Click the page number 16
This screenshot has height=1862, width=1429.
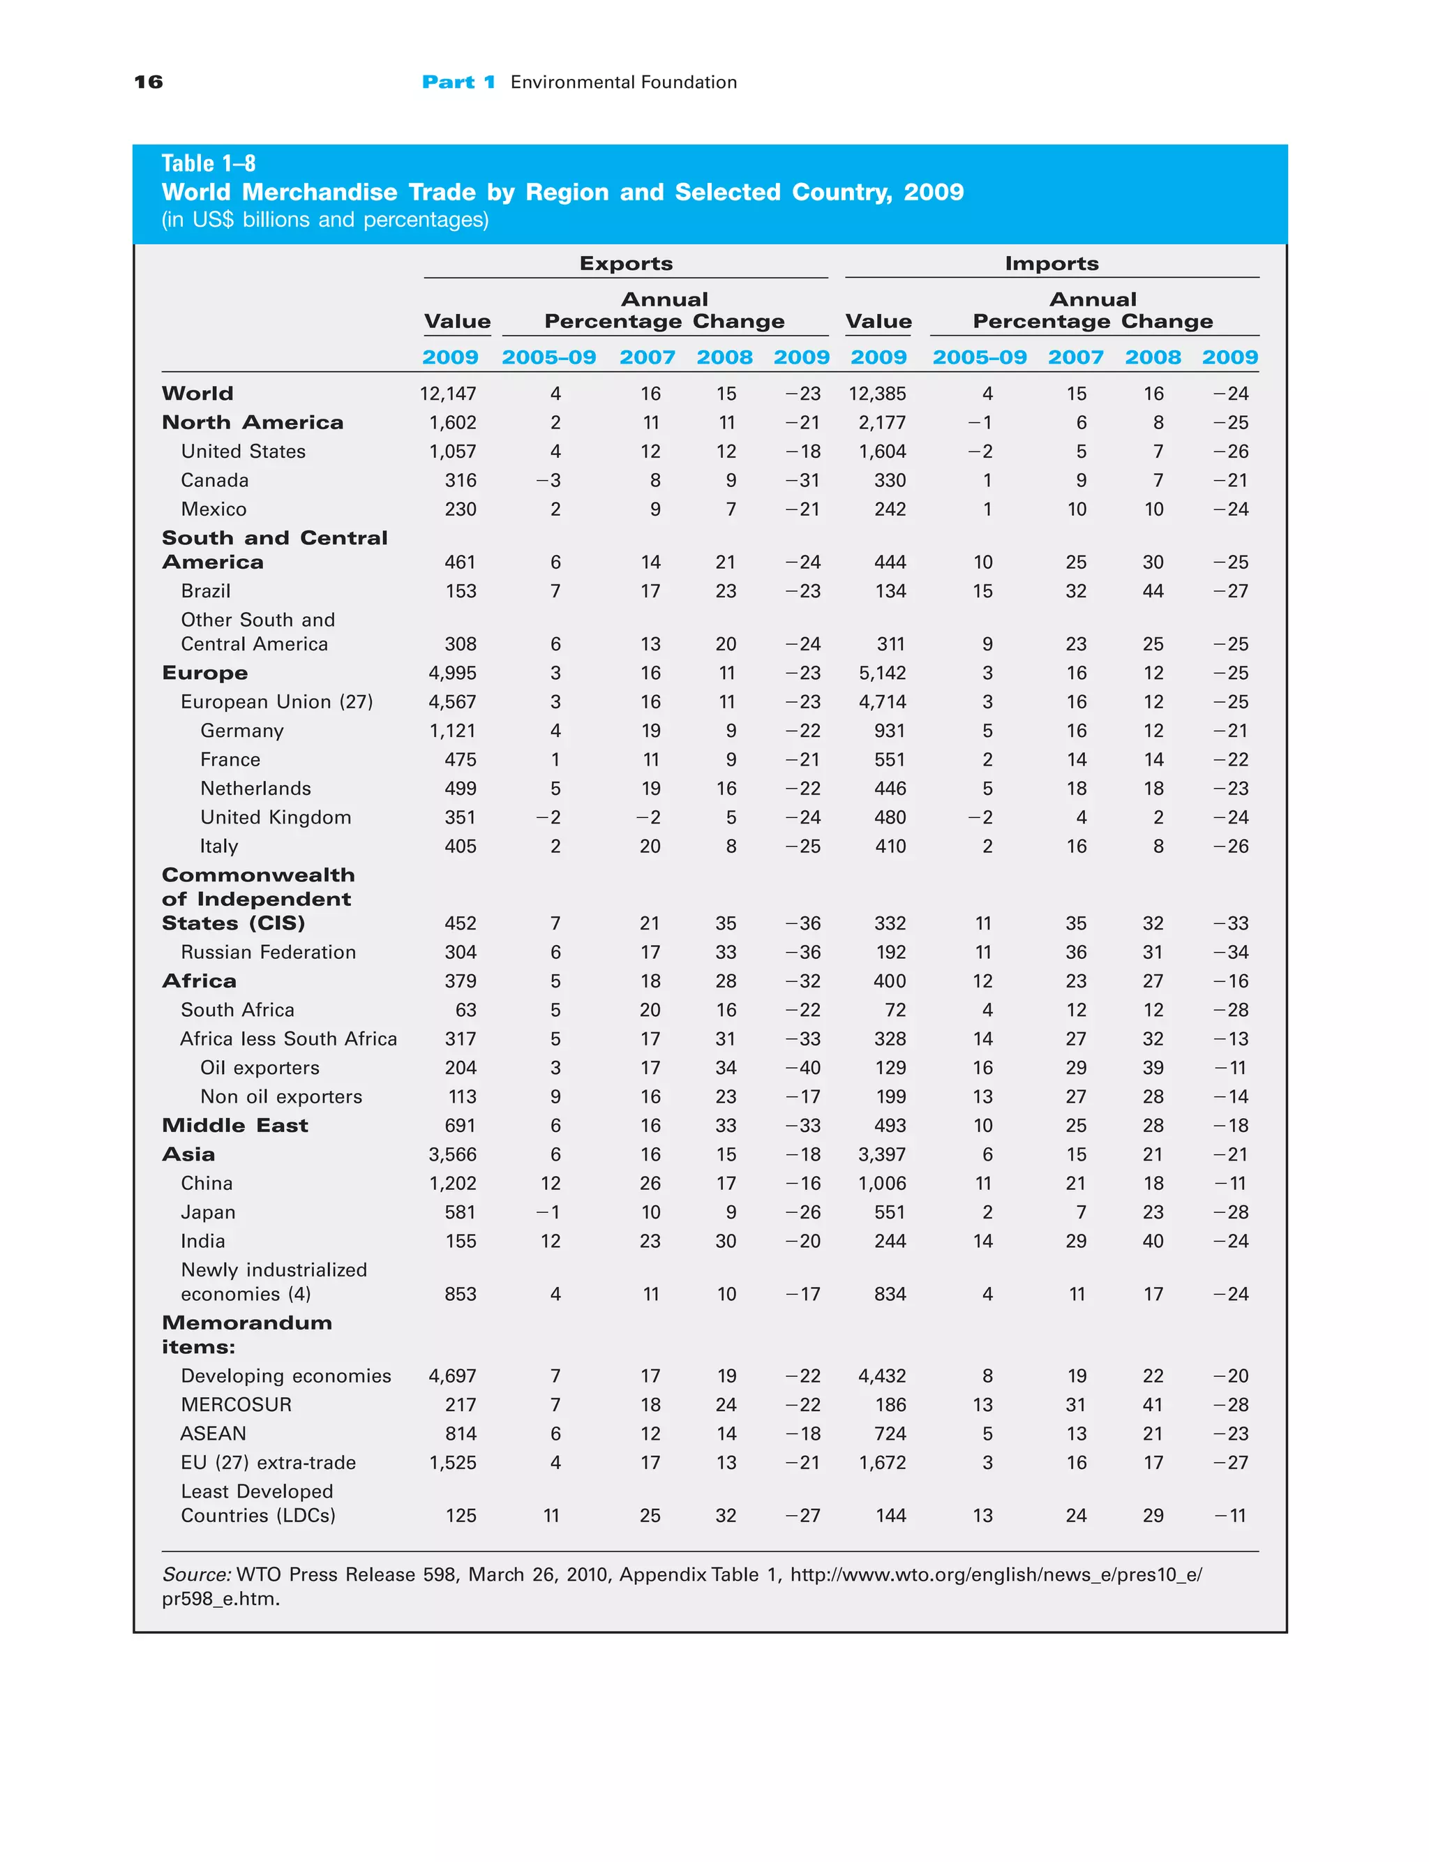[x=148, y=82]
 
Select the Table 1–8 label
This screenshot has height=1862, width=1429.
[x=209, y=163]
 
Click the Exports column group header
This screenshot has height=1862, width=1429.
[x=626, y=264]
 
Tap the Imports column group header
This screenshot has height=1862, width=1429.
[x=1052, y=264]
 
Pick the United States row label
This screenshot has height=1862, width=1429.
[x=244, y=452]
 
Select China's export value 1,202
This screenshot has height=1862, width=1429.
[x=454, y=1183]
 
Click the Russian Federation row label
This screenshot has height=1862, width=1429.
[x=268, y=952]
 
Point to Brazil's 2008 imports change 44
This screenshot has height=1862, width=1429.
[x=1153, y=591]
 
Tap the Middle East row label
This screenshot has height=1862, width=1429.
[x=234, y=1126]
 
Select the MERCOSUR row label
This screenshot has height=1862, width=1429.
[x=237, y=1404]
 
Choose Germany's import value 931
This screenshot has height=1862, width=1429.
[x=890, y=731]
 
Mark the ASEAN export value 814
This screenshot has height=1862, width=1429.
[x=461, y=1433]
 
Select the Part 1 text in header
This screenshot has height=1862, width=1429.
[x=458, y=82]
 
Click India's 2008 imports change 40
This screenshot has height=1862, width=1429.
[x=1153, y=1241]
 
